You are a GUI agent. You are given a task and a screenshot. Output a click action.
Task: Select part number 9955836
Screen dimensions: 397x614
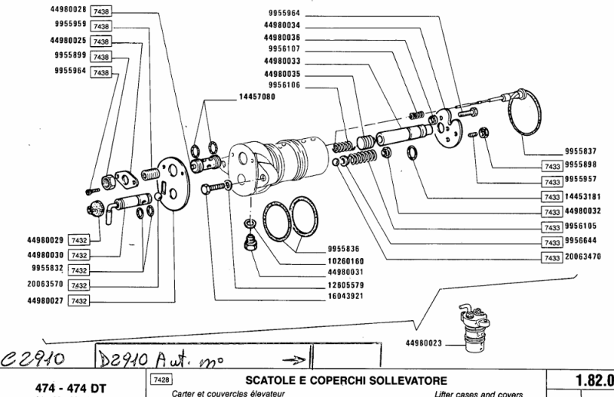click(346, 249)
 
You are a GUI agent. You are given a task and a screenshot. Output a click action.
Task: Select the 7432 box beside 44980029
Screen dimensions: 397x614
click(79, 240)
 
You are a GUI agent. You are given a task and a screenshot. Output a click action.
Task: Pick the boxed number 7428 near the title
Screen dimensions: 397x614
click(162, 379)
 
